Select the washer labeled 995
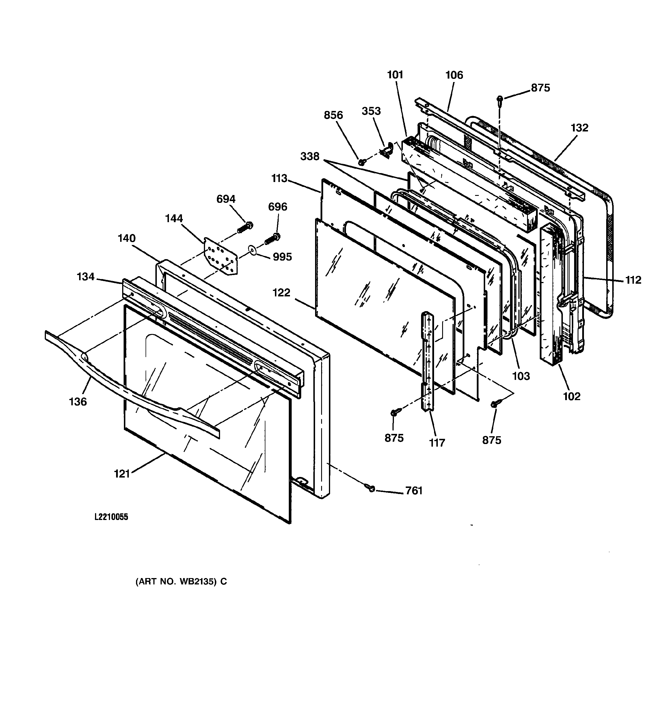pyautogui.click(x=253, y=250)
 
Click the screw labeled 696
pyautogui.click(x=272, y=239)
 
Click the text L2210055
pyautogui.click(x=111, y=517)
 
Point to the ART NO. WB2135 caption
pyautogui.click(x=181, y=582)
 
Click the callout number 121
pyautogui.click(x=122, y=474)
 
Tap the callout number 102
pyautogui.click(x=572, y=396)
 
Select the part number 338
pyautogui.click(x=310, y=157)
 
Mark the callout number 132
pyautogui.click(x=579, y=128)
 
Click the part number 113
pyautogui.click(x=280, y=179)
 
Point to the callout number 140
pyautogui.click(x=126, y=238)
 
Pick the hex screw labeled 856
pyautogui.click(x=361, y=162)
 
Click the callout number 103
pyautogui.click(x=521, y=376)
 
